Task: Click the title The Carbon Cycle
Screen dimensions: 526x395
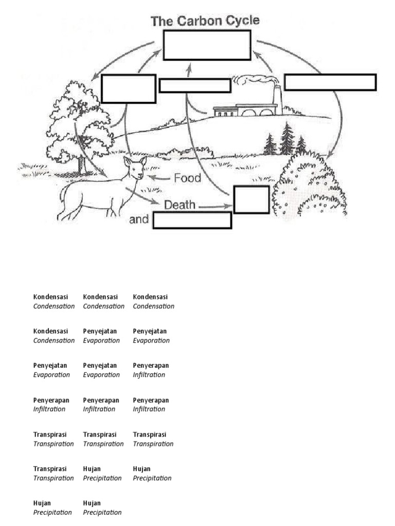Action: tap(205, 21)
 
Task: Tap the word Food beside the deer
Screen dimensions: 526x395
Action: tap(187, 178)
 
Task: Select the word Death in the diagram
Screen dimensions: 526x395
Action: tap(179, 205)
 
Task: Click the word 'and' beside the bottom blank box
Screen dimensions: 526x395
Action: tap(138, 220)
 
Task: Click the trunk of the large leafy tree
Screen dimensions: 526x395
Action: tap(81, 163)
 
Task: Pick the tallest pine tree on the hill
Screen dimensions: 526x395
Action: tap(287, 139)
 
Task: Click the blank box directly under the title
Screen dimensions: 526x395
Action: tap(207, 45)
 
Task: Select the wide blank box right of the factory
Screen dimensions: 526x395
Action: tap(330, 82)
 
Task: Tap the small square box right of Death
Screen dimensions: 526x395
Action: tap(252, 199)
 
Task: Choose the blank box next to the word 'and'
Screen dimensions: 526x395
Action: tap(192, 220)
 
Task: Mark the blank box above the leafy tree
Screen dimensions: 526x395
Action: tap(129, 88)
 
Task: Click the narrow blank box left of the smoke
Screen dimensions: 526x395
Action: tap(194, 85)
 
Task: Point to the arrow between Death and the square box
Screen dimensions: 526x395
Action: tap(216, 206)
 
